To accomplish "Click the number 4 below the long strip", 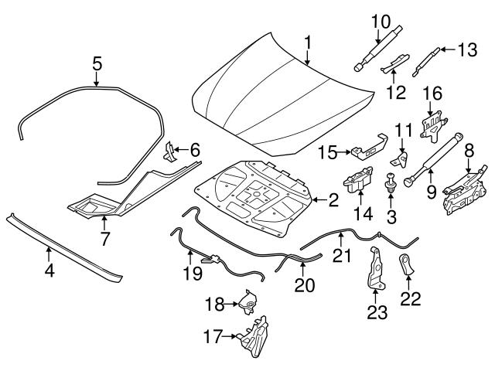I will point(49,271).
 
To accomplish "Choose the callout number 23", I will point(377,313).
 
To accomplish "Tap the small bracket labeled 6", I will point(170,151).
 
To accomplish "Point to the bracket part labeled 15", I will point(369,151).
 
